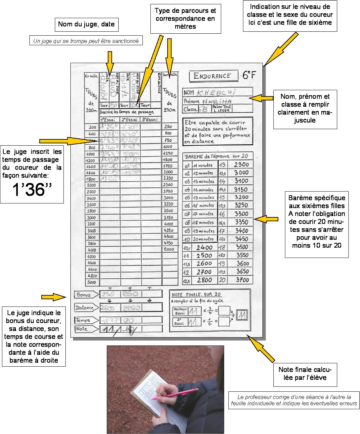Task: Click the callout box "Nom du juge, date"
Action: pyautogui.click(x=86, y=24)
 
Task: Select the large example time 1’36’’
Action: pyautogui.click(x=32, y=189)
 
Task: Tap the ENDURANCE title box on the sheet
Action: pyautogui.click(x=213, y=76)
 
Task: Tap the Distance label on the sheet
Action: pyautogui.click(x=85, y=307)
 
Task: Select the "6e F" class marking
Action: pyautogui.click(x=249, y=75)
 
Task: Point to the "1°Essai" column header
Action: pyautogui.click(x=109, y=119)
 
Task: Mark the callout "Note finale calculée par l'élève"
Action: pyautogui.click(x=305, y=373)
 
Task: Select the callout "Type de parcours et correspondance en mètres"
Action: pyautogui.click(x=185, y=18)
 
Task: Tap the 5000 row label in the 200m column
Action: pyautogui.click(x=92, y=282)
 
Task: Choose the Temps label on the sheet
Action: pyautogui.click(x=83, y=320)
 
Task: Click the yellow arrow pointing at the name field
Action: pyautogui.click(x=261, y=98)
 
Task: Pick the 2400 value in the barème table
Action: pyautogui.click(x=204, y=247)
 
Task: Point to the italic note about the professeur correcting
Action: pyautogui.click(x=294, y=400)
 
